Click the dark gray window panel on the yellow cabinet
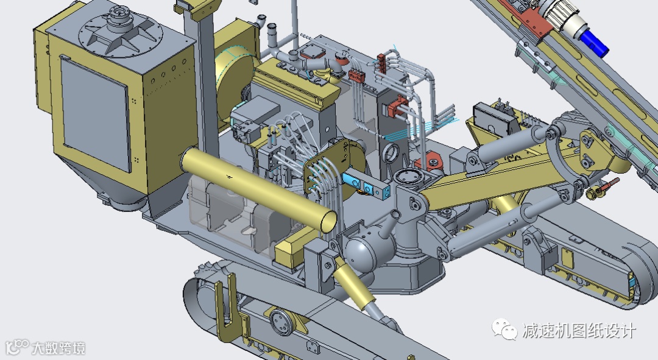(95, 113)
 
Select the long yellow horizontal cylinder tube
(258, 189)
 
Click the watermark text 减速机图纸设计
(579, 331)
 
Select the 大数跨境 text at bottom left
(58, 348)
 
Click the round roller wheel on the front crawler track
(281, 322)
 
